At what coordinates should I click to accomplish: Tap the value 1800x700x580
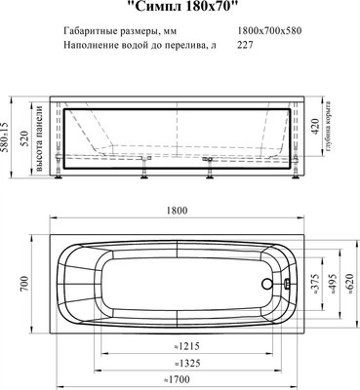[271, 31]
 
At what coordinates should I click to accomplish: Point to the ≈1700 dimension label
[176, 377]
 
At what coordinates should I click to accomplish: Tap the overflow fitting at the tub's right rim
[288, 286]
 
